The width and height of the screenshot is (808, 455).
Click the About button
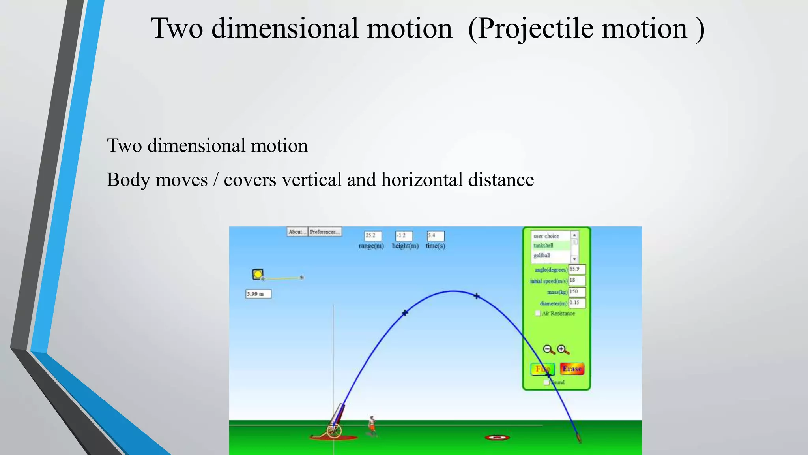click(297, 232)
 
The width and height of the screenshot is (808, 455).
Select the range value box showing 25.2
click(373, 236)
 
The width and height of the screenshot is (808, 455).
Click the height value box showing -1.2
click(404, 236)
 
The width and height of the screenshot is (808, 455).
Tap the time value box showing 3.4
click(435, 236)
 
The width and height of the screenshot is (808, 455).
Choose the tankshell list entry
click(550, 246)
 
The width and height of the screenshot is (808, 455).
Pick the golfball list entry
click(550, 256)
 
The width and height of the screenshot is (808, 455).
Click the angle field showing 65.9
click(577, 269)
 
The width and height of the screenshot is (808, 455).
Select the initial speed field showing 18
click(577, 280)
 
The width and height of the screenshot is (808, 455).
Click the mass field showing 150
click(577, 292)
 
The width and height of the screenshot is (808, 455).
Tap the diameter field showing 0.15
click(577, 303)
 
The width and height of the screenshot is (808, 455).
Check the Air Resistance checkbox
click(538, 313)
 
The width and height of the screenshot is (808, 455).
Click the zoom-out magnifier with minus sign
click(548, 350)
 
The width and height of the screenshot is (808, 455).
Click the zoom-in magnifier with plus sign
click(563, 350)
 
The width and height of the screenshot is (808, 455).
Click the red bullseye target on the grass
click(497, 437)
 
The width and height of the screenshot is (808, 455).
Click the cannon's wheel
click(334, 431)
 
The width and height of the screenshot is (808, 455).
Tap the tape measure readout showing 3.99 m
click(258, 294)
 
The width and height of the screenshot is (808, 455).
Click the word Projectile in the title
click(535, 28)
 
